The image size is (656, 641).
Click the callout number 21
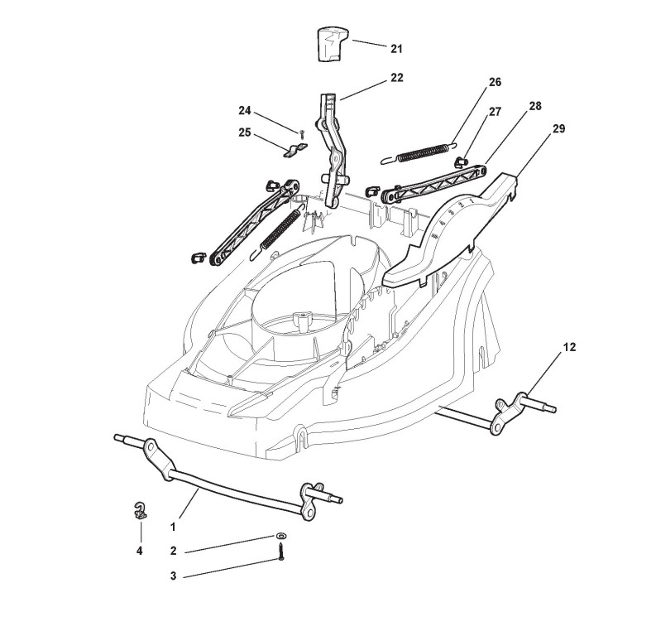pos(396,49)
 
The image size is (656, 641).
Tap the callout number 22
pos(396,78)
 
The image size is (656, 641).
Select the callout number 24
pos(244,110)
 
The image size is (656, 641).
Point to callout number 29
pos(559,128)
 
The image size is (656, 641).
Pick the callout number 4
pos(140,550)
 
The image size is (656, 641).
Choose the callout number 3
pos(173,576)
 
